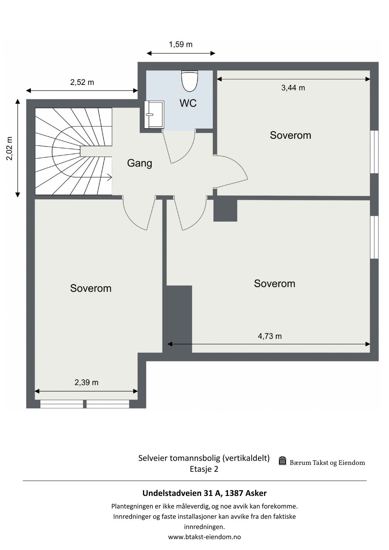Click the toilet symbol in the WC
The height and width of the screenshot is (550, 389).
189,81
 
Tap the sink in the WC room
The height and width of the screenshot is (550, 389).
155,115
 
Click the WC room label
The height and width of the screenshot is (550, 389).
188,103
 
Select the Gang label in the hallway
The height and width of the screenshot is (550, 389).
139,163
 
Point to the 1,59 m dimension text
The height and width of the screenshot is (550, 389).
181,45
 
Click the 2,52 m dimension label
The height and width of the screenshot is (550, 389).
82,82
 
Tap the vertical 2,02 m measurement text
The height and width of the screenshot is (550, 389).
10,148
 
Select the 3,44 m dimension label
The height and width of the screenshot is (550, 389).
293,88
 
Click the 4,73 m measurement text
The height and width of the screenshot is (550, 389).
270,336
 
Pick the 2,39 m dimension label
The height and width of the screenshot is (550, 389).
86,383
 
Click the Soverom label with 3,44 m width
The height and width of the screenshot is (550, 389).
290,135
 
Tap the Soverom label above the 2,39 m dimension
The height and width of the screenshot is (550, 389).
91,288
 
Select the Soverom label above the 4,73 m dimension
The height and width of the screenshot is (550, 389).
274,284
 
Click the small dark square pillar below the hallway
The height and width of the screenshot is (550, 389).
225,211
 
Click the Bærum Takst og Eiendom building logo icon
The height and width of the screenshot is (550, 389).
282,461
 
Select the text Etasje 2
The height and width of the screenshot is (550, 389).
204,469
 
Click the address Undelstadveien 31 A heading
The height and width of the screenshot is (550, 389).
204,493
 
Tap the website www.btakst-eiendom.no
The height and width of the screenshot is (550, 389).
204,537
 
